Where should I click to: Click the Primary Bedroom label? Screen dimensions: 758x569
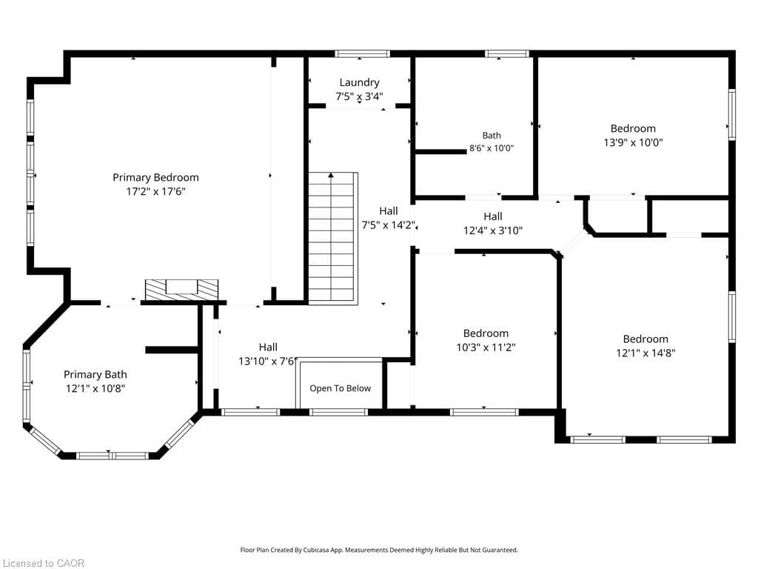pos(155,178)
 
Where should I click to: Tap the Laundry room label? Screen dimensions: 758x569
pos(359,83)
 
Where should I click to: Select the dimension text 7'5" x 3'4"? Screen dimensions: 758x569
pos(359,96)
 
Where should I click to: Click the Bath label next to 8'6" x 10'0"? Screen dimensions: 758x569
pos(492,136)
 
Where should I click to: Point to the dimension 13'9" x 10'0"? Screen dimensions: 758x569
pos(634,142)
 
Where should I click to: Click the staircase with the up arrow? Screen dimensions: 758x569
pos(333,238)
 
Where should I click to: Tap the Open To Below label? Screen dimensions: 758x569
pos(341,388)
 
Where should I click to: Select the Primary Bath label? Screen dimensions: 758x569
pos(95,374)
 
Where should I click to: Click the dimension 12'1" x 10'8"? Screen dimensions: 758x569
pos(95,388)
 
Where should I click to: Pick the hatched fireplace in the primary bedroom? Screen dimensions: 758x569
pos(182,290)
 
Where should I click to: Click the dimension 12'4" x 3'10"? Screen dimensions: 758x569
pos(493,230)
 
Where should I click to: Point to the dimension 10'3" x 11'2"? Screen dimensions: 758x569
pos(486,347)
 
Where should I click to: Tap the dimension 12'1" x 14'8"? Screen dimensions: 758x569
pos(645,353)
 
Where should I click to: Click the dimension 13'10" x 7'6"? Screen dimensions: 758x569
pos(267,361)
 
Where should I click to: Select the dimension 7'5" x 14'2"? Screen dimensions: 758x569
pos(389,224)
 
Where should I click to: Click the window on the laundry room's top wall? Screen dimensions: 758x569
pos(362,53)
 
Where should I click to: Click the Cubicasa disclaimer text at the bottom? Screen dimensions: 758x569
pos(379,550)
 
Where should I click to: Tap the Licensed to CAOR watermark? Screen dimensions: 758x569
pos(44,563)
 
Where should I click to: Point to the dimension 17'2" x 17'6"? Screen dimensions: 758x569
pos(155,191)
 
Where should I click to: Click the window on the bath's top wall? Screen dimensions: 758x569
pos(507,53)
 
